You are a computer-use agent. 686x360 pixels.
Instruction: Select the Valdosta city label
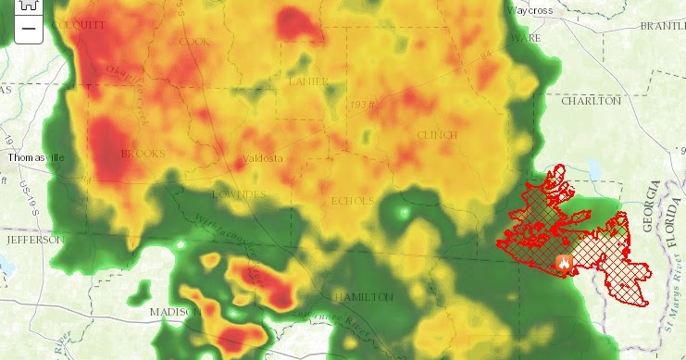tap(262, 158)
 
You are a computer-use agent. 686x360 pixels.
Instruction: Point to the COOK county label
tap(194, 42)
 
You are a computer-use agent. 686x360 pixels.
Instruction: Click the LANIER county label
tap(308, 81)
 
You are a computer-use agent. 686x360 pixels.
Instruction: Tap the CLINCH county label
tap(437, 135)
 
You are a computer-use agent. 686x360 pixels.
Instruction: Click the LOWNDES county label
tap(238, 194)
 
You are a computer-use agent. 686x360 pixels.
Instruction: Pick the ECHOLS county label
tap(352, 201)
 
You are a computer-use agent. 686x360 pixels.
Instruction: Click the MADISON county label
tap(173, 312)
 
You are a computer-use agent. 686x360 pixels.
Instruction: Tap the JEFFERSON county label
tap(34, 239)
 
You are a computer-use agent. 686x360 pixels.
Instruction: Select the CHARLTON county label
tap(591, 100)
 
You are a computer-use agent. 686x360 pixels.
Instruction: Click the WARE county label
tap(524, 38)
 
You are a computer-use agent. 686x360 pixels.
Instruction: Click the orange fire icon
tap(562, 262)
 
